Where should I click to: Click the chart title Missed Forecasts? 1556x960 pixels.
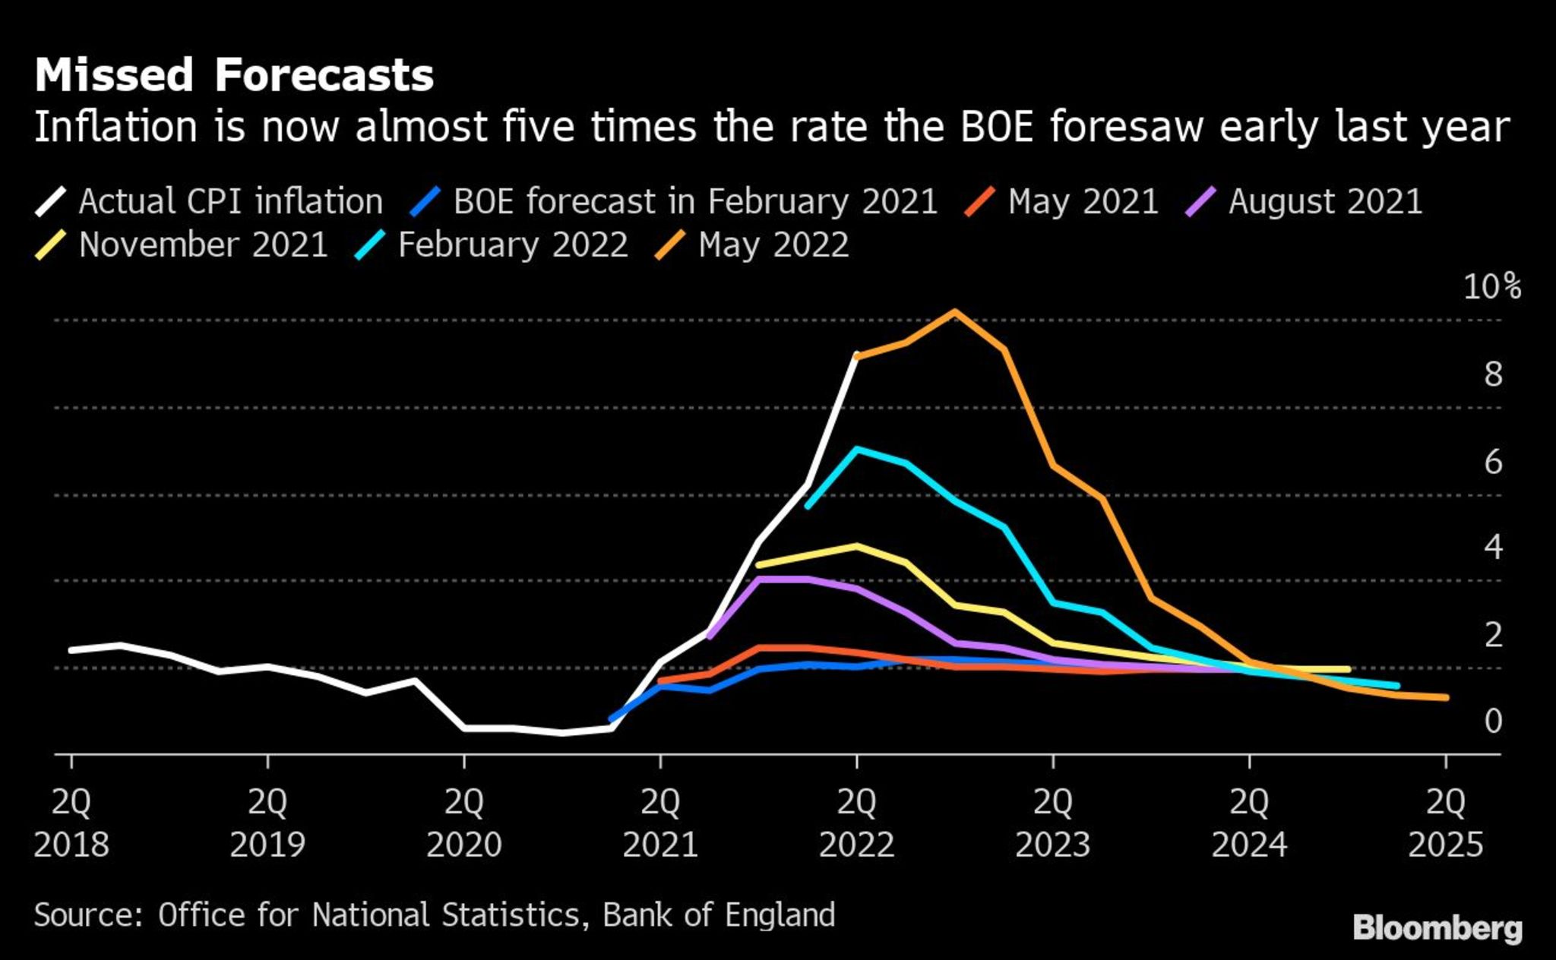[x=234, y=75]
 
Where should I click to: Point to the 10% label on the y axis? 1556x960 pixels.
[x=1491, y=287]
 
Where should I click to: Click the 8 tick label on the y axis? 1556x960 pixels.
[x=1493, y=374]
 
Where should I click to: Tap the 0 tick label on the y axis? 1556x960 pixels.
[x=1493, y=721]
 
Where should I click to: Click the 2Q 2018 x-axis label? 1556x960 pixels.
[x=71, y=823]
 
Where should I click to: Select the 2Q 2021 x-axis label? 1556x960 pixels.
[x=660, y=823]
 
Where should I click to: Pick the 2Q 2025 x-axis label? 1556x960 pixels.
[x=1445, y=823]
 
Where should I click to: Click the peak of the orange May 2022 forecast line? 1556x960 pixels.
[x=954, y=311]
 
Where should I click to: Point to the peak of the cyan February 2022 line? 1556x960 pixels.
[x=857, y=449]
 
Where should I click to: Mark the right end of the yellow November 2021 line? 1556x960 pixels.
[x=1348, y=669]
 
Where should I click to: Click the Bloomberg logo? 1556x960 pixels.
[x=1437, y=928]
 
